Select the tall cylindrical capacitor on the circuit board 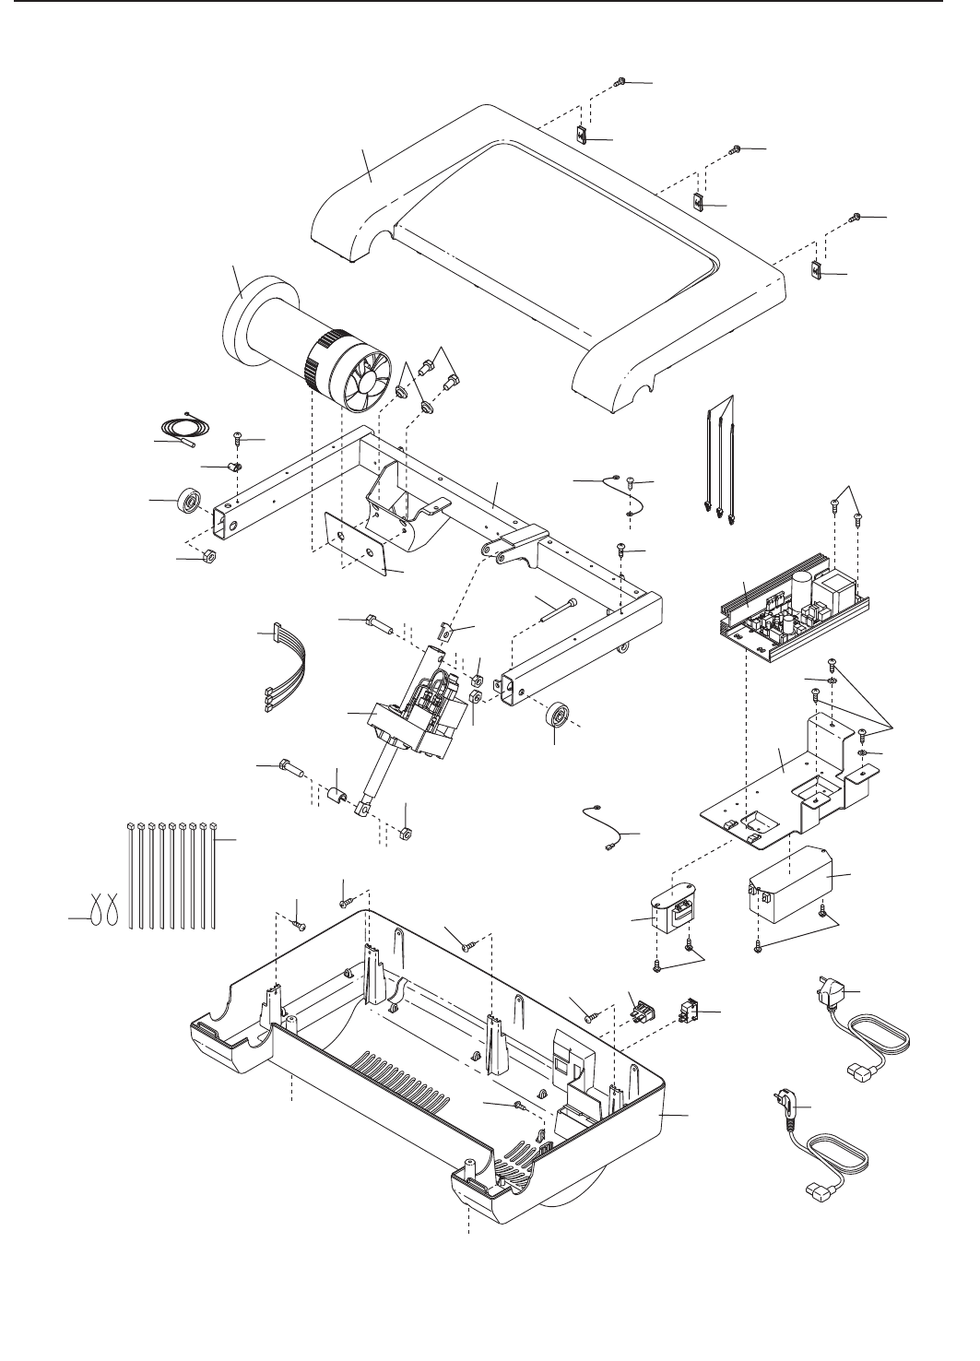pyautogui.click(x=800, y=589)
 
